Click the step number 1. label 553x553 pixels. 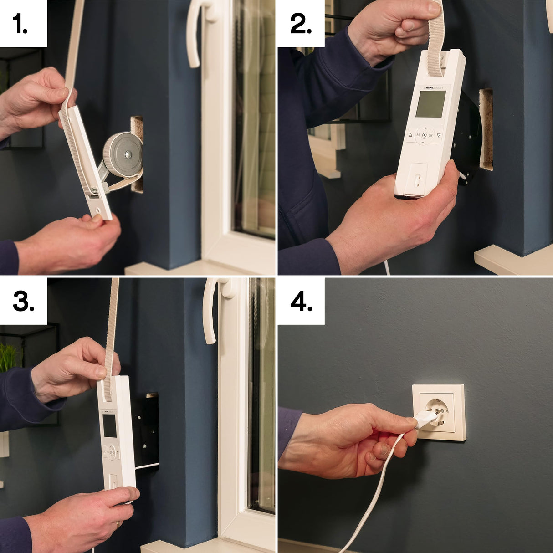20,24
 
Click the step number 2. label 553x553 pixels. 301,24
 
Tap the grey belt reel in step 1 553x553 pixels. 122,155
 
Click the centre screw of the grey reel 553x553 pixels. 129,155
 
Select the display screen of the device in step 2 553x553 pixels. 430,104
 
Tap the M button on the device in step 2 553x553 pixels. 417,135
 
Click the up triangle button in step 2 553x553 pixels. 410,135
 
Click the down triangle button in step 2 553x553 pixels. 438,135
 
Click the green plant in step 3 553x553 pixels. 7,357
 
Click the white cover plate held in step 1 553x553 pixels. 87,164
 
